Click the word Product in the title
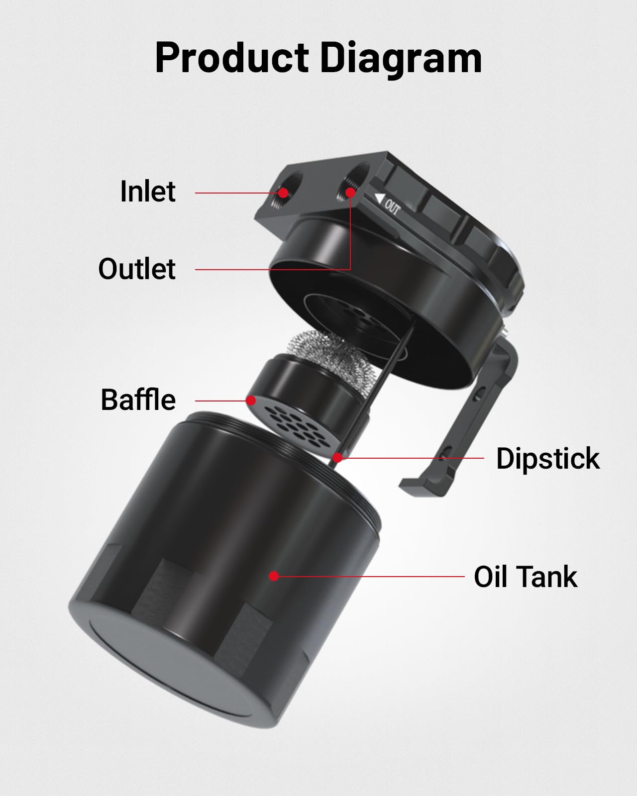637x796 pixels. [x=232, y=58]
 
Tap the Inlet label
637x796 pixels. [x=148, y=192]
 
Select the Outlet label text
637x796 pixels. [x=137, y=269]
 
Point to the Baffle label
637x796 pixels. [x=138, y=400]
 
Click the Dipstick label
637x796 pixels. [x=548, y=458]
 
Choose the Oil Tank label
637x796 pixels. [x=526, y=577]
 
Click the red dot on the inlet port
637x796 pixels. [x=284, y=193]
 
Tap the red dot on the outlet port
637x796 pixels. [x=350, y=192]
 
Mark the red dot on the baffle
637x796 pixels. [x=251, y=400]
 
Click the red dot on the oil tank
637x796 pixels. [x=273, y=576]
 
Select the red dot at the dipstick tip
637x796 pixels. [x=338, y=457]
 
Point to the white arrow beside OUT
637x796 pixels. [x=380, y=199]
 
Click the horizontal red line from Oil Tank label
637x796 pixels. [x=368, y=577]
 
